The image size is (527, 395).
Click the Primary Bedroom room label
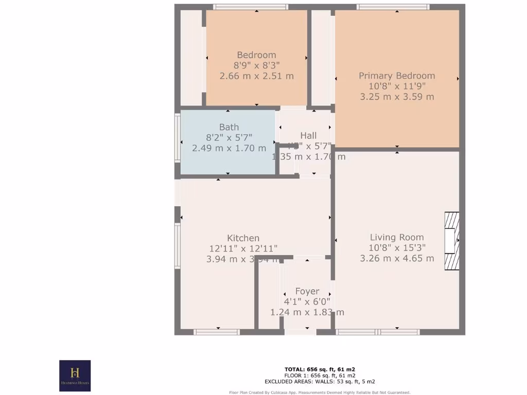[397, 76]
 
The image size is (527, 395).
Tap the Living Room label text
[397, 237]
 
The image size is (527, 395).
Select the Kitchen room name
[243, 238]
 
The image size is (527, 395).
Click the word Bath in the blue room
[229, 127]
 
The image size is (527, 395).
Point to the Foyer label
[307, 291]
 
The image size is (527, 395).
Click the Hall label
[308, 135]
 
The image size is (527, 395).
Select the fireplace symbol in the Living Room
[451, 241]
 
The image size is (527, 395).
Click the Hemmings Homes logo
[75, 375]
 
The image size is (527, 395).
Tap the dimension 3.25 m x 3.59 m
[397, 97]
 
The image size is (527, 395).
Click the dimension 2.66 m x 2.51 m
[256, 76]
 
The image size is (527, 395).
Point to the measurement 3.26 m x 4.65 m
[397, 258]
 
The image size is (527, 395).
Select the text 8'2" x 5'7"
[229, 138]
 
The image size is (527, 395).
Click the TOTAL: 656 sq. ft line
[320, 369]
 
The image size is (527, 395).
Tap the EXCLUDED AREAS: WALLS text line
[320, 382]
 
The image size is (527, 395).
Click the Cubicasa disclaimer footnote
[320, 392]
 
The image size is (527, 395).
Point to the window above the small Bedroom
[251, 7]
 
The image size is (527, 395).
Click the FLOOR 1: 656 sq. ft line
[320, 375]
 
